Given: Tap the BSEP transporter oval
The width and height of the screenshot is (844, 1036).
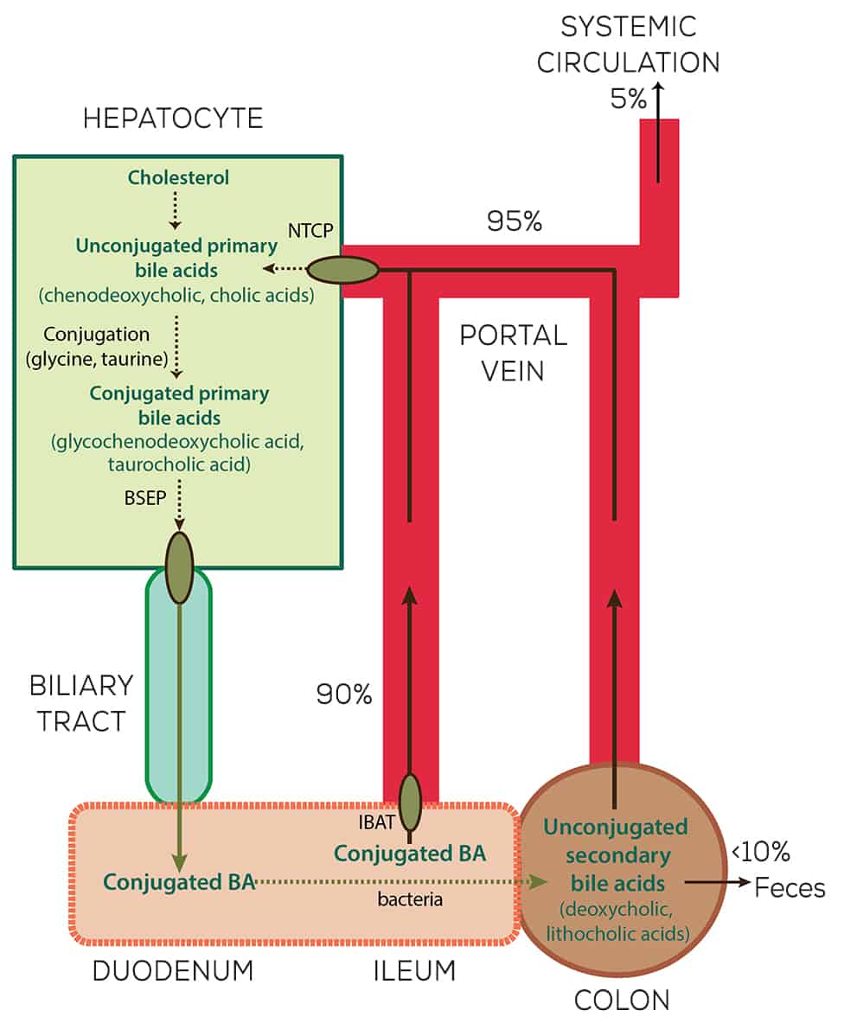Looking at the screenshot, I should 180,566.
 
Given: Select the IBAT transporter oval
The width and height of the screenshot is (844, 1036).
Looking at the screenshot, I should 410,803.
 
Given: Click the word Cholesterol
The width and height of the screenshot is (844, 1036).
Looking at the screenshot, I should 179,178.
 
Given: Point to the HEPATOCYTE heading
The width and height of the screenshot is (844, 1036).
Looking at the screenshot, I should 173,118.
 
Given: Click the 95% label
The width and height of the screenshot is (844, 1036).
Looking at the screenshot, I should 515,221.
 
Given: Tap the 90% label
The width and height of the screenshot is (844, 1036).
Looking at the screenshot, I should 344,694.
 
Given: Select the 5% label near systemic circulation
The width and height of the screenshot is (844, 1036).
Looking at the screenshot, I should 628,99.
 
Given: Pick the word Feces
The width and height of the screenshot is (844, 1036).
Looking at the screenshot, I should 790,888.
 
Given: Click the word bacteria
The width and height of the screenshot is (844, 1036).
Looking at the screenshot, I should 410,899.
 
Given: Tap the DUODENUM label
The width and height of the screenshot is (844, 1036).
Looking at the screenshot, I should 173,970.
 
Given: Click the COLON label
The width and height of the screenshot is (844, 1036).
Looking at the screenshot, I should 623,1001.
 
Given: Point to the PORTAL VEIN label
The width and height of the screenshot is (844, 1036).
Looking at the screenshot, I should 513,353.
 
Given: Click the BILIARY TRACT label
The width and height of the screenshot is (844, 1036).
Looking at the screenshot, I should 81,702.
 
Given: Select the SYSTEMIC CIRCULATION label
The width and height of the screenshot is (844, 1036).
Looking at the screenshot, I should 640,44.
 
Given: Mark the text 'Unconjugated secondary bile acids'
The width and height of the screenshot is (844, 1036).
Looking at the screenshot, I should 616,855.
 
